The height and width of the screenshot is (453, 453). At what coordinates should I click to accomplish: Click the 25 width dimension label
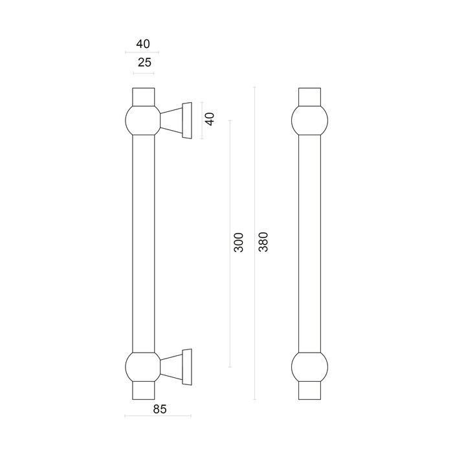pyautogui.click(x=143, y=63)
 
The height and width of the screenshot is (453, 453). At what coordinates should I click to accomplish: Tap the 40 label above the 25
pyautogui.click(x=143, y=44)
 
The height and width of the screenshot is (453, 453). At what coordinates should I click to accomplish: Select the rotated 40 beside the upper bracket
pyautogui.click(x=209, y=120)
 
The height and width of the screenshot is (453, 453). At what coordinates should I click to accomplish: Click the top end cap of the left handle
pyautogui.click(x=143, y=95)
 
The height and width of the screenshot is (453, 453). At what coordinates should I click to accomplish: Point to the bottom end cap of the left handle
pyautogui.click(x=143, y=392)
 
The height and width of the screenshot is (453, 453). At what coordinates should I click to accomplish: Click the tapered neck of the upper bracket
pyautogui.click(x=172, y=120)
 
